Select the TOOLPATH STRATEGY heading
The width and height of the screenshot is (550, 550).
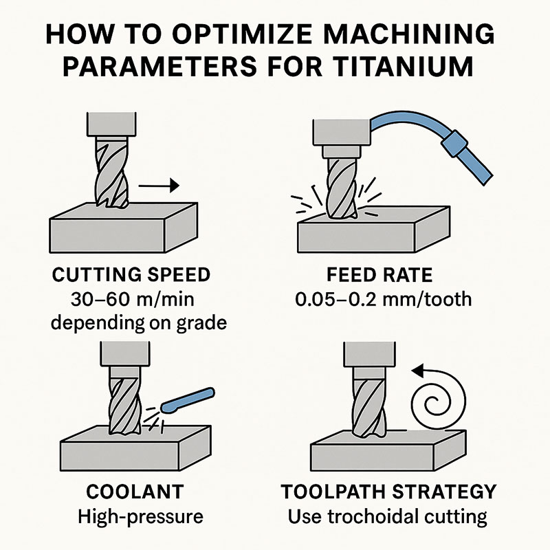[x=389, y=492]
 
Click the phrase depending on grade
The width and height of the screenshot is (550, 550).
[x=140, y=322]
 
